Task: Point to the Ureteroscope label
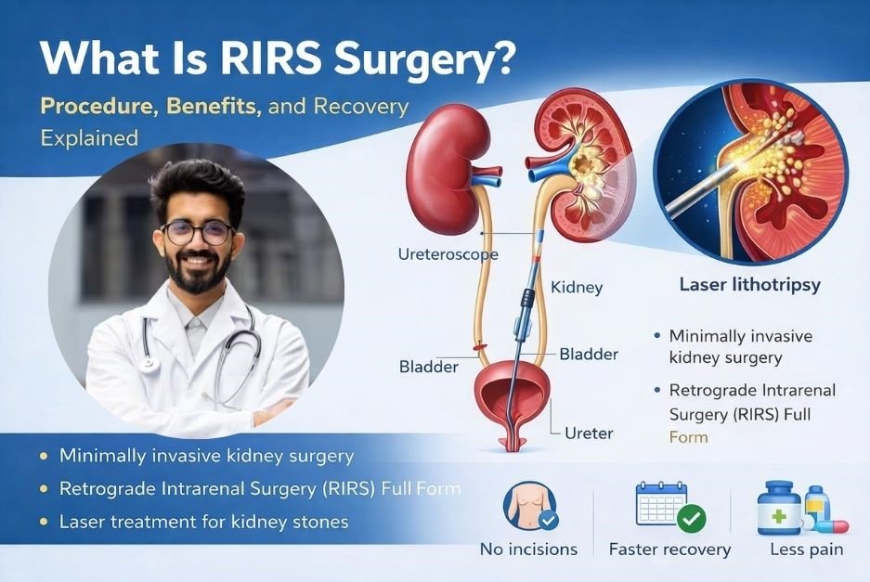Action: coord(448,253)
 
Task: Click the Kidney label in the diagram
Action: coord(577,288)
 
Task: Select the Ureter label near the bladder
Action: coord(589,433)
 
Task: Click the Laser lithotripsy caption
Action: coord(751,284)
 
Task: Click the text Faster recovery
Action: coord(669,550)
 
